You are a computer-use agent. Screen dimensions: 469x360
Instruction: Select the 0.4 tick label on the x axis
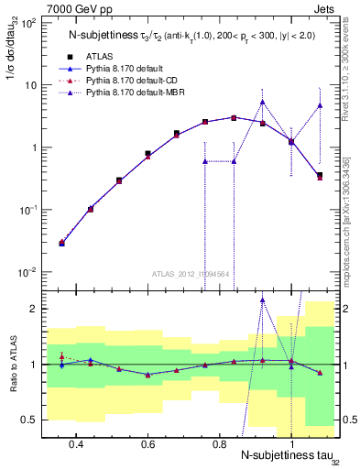[76, 443]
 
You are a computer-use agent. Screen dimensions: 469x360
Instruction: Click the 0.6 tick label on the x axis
[147, 443]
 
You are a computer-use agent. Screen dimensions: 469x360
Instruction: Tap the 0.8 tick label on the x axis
[219, 443]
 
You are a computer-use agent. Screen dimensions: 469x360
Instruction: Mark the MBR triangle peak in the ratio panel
[263, 300]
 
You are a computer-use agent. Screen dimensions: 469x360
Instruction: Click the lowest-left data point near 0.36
[61, 243]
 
